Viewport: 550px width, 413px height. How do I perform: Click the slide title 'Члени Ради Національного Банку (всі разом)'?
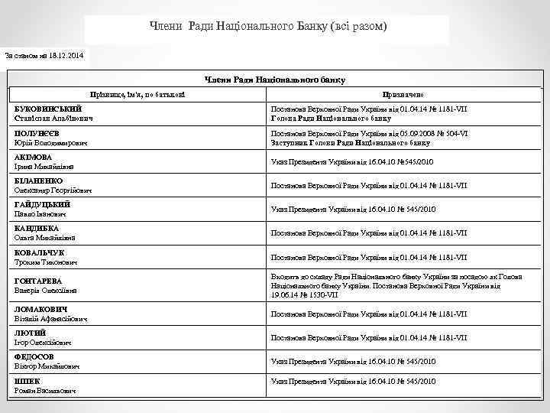267,27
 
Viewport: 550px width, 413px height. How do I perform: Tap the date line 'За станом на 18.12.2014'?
47,56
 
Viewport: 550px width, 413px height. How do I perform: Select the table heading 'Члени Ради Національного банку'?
275,80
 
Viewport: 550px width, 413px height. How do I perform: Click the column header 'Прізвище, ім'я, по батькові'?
137,93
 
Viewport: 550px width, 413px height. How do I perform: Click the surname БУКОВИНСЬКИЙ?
47,109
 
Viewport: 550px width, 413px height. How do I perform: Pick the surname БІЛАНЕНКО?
39,180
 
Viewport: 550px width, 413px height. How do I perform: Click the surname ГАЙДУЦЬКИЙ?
43,204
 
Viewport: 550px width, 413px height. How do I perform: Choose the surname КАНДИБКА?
37,228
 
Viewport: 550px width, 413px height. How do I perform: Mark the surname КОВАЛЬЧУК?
40,252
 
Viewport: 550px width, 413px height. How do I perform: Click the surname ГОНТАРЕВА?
38,281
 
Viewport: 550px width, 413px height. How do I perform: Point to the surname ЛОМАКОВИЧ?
41,309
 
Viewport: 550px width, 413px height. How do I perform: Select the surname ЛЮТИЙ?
31,333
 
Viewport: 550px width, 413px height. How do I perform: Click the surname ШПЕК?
27,380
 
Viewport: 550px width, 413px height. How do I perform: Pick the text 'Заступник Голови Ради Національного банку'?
351,142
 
